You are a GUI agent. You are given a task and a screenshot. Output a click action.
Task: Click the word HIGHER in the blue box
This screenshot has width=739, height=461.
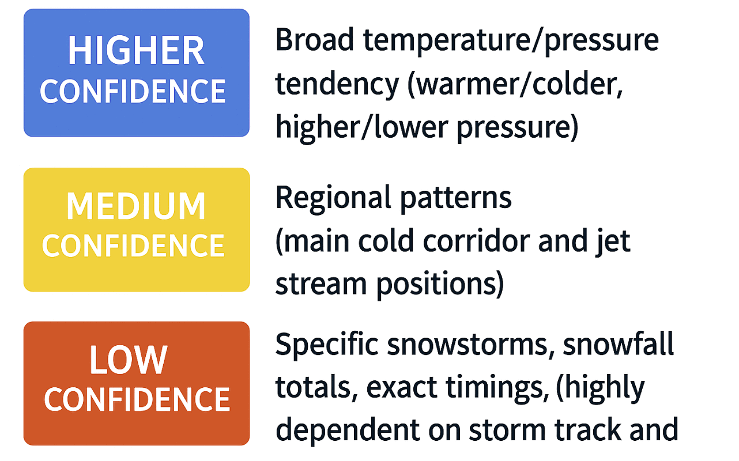coord(136,51)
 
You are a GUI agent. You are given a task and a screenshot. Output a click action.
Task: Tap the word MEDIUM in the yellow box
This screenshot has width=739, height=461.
coord(136,206)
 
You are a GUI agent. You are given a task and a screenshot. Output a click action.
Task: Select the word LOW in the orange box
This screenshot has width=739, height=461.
coord(129,360)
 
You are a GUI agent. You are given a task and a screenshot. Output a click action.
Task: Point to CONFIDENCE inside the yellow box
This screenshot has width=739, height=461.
coord(133,246)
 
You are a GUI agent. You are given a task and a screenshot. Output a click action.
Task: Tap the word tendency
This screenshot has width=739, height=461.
coord(337,85)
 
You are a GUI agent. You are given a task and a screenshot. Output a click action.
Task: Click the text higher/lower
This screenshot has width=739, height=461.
coord(361,127)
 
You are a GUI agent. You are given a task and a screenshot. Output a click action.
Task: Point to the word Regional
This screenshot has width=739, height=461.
coord(325,198)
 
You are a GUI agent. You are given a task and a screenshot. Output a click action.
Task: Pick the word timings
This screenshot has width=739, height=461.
coord(499,387)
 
